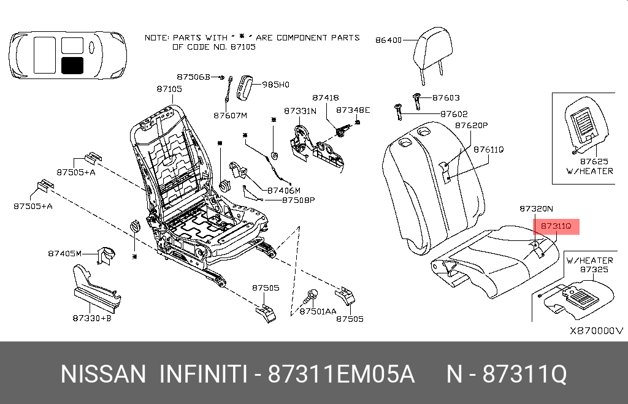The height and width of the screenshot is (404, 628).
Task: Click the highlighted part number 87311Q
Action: (556, 227)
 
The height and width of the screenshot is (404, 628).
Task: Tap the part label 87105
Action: (169, 89)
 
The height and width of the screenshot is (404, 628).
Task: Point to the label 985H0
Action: (275, 85)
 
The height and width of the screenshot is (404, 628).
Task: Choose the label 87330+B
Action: (91, 318)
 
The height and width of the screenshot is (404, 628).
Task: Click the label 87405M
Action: (64, 253)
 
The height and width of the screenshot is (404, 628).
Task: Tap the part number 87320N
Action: (536, 208)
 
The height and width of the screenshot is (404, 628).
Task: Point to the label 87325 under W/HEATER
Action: (594, 269)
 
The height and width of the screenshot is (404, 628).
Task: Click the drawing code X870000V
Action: (596, 330)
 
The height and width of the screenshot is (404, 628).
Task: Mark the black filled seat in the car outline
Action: (72, 64)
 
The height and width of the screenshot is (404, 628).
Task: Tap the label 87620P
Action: (470, 125)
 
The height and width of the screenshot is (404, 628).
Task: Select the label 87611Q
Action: (488, 149)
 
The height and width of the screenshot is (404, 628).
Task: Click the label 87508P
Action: (298, 200)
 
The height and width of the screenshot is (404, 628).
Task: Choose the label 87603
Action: (446, 97)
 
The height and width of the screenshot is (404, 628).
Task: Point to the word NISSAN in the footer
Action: (103, 374)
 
